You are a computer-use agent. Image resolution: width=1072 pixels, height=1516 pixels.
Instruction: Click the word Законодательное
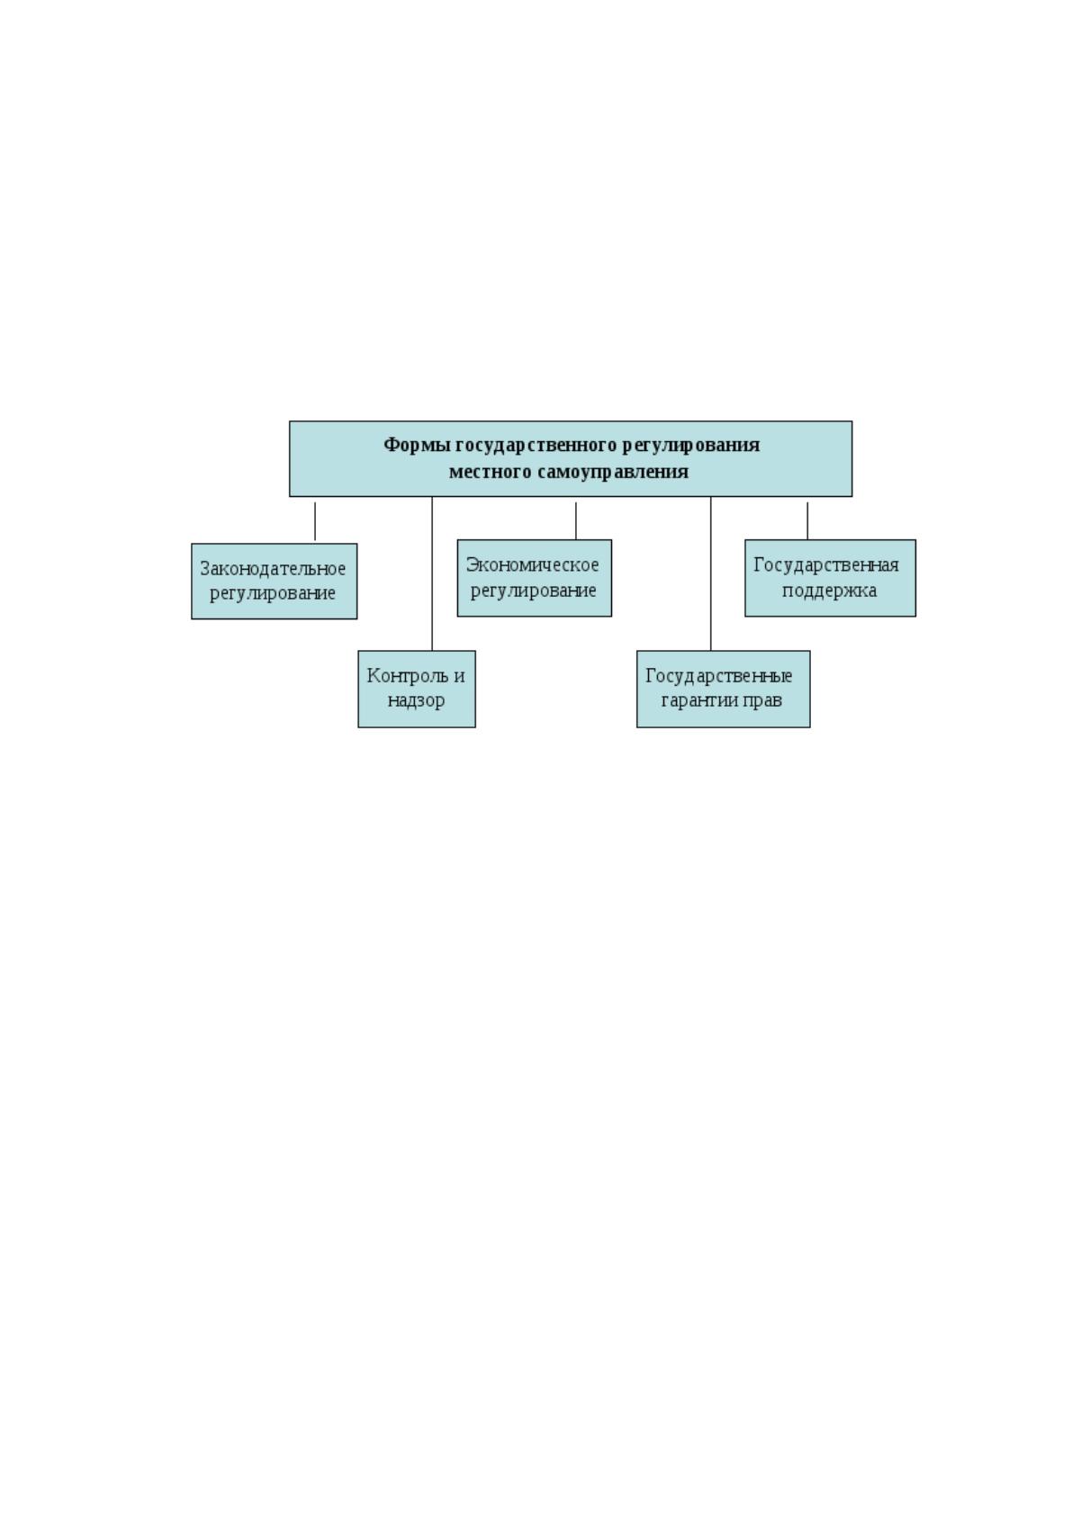click(x=273, y=569)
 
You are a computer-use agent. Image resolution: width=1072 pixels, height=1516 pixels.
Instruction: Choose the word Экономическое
click(x=533, y=564)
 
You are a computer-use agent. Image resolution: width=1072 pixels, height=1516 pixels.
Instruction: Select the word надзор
click(x=416, y=700)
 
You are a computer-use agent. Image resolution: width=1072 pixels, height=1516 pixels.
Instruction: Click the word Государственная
click(x=826, y=565)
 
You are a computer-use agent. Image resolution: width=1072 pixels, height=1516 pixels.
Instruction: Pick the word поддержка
click(x=829, y=591)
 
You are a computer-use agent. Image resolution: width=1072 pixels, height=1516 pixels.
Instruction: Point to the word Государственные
click(x=719, y=676)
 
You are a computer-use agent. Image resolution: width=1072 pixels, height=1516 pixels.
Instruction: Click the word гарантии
click(x=697, y=700)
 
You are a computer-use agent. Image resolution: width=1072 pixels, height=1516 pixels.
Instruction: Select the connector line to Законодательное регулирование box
click(x=315, y=520)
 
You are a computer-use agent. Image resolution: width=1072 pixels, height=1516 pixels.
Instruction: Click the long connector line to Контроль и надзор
click(x=432, y=574)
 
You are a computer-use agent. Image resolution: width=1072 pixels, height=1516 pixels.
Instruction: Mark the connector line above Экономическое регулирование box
click(x=576, y=520)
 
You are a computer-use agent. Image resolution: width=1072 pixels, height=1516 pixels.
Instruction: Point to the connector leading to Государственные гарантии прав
click(x=710, y=574)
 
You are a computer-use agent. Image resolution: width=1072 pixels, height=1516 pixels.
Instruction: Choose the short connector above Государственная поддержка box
click(x=807, y=520)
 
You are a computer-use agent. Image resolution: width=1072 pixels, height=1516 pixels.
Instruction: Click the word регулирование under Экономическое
click(x=533, y=591)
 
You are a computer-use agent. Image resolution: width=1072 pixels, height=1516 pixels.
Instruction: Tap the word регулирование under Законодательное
click(x=273, y=593)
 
